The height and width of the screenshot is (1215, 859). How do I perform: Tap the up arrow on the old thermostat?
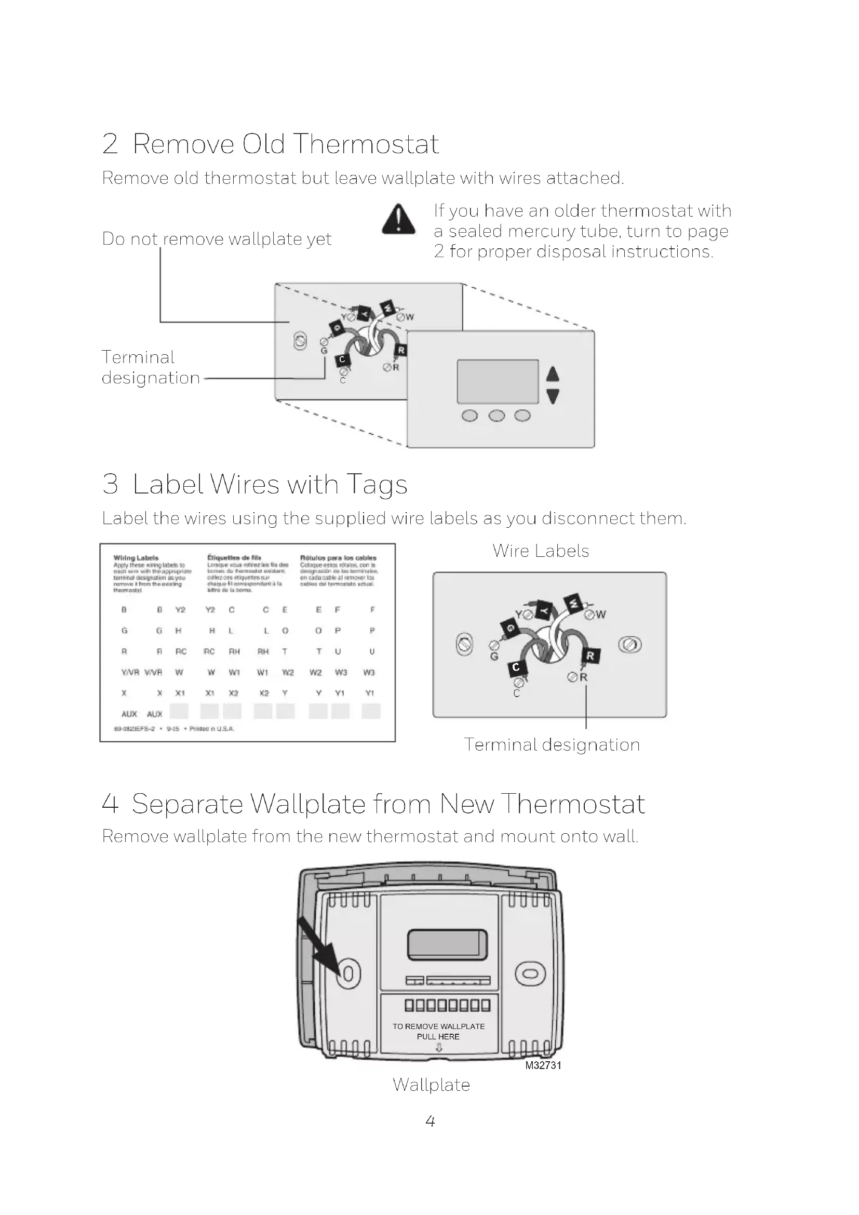[553, 373]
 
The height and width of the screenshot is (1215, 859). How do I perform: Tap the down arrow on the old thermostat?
[553, 396]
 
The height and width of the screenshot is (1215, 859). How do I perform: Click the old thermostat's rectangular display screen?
[497, 382]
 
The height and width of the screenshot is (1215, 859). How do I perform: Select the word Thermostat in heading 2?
[366, 144]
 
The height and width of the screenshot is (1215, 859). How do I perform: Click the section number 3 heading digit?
[110, 484]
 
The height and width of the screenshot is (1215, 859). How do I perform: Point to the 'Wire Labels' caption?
[541, 551]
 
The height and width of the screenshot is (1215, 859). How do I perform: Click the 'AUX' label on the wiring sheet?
[130, 714]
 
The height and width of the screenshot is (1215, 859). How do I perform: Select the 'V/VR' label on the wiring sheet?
[130, 672]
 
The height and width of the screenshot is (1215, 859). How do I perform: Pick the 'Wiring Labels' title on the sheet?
[136, 558]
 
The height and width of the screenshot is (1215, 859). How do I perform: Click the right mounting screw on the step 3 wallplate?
[630, 645]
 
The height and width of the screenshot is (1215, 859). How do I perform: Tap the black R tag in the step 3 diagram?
[590, 656]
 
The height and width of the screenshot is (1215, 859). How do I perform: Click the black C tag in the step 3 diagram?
[516, 667]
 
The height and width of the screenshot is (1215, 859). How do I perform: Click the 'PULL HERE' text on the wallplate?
[438, 1037]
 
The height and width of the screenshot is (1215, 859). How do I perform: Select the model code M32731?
[543, 1065]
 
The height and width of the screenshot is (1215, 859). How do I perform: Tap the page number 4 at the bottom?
[430, 1121]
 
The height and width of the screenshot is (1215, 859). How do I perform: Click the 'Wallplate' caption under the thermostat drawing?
[431, 1085]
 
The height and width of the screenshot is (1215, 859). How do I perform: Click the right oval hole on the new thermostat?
[530, 973]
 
